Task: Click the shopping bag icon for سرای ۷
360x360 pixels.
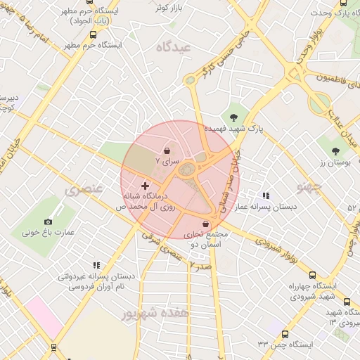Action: [x=167, y=150]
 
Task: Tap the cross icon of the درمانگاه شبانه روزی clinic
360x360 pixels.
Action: [x=145, y=186]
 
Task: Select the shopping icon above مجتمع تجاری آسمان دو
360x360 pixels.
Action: [x=205, y=224]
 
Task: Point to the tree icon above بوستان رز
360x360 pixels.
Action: [x=336, y=150]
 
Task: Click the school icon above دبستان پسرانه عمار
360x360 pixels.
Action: [x=266, y=196]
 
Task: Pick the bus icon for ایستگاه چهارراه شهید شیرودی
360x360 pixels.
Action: [x=312, y=276]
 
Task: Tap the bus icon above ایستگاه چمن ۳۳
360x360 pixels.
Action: [x=285, y=334]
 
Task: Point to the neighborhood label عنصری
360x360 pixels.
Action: [x=84, y=190]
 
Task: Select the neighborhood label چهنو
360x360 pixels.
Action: [x=309, y=186]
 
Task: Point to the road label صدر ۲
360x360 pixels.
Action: [x=200, y=265]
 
